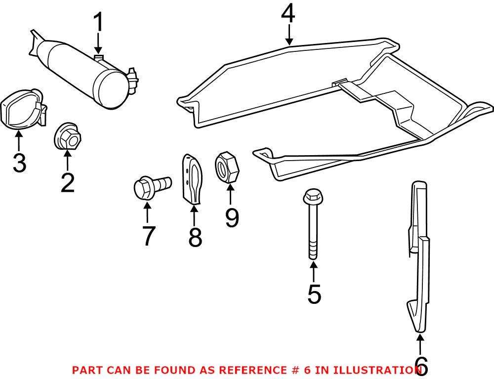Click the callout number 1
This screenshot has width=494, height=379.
[99, 22]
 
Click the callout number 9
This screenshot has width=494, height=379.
[232, 217]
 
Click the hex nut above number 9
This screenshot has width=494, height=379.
[227, 168]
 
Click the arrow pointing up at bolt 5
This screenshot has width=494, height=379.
[314, 272]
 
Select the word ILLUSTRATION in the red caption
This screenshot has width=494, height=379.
[376, 370]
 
